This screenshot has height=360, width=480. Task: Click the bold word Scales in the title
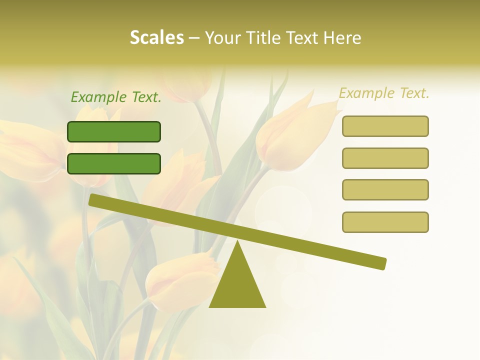coord(156,37)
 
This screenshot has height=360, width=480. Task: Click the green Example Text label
coord(116,97)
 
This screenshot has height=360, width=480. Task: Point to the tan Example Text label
coord(384,93)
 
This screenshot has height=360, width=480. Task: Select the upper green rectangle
coord(114,131)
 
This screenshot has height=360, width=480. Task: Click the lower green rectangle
coord(114,163)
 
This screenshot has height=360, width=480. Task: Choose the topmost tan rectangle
coord(385,126)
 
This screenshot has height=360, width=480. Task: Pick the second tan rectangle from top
coord(385,158)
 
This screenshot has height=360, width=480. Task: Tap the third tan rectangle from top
coord(385,190)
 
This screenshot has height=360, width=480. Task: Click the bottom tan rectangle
coord(385,222)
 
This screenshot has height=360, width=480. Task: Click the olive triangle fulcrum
coord(237,285)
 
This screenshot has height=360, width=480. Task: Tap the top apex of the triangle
coord(237,242)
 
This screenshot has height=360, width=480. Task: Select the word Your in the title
coord(222,37)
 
